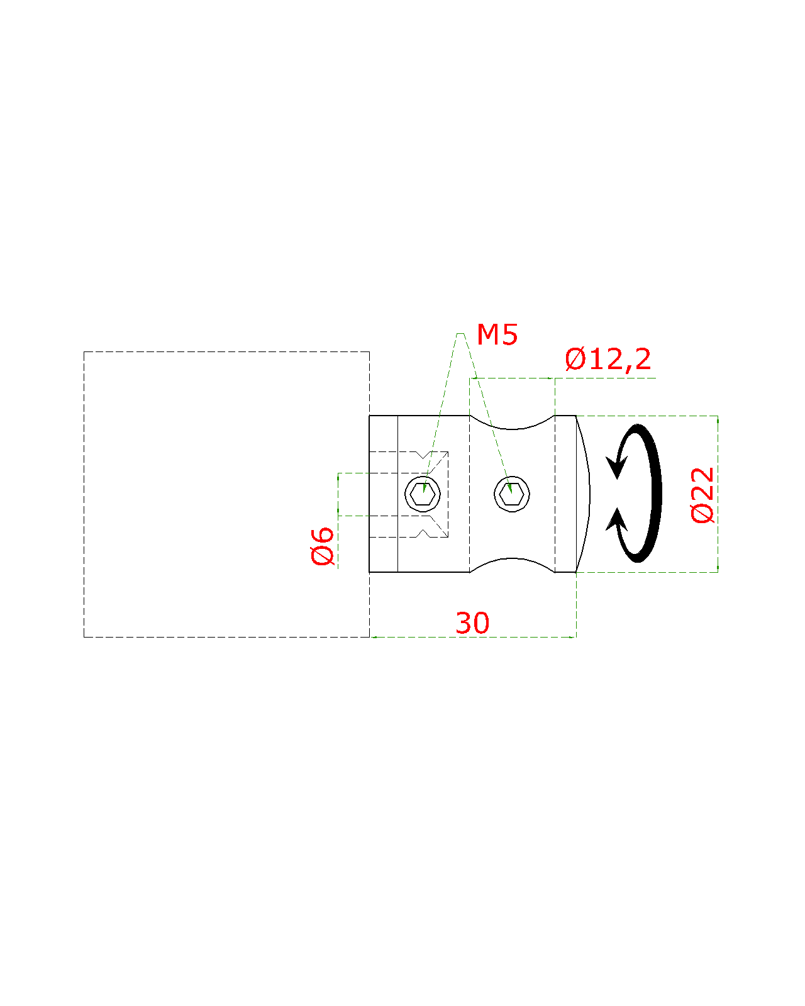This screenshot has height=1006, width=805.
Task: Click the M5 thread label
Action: point(497,335)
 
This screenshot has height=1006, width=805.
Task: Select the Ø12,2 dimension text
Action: point(608,360)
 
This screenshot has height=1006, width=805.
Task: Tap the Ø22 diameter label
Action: point(703,494)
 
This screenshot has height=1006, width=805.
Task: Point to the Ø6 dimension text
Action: point(323,546)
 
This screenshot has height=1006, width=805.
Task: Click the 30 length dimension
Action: point(472,623)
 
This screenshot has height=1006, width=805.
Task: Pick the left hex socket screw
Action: point(423,494)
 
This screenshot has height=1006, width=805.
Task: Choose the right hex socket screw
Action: point(512,494)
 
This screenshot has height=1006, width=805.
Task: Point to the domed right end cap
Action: point(583,494)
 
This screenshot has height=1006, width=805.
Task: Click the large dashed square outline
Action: point(84,494)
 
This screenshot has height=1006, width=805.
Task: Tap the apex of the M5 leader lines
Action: point(460,334)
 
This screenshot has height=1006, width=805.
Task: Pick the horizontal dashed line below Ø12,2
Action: point(512,379)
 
